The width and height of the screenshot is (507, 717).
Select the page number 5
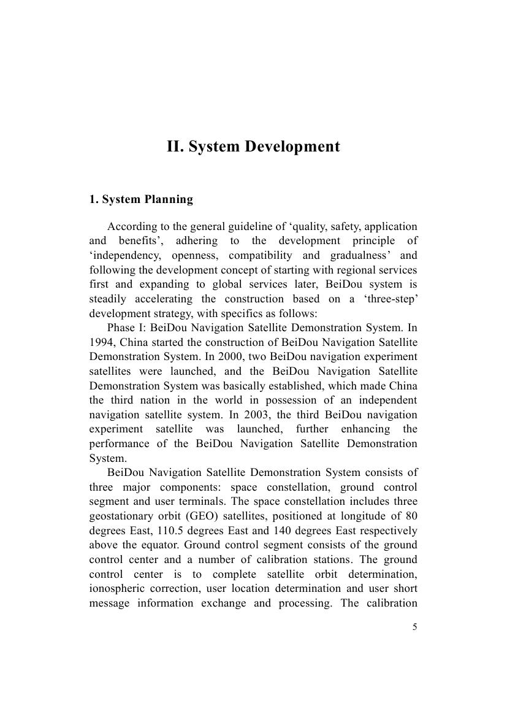[x=415, y=627]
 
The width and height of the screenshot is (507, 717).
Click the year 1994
[x=102, y=342]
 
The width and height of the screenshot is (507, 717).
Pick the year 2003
[x=257, y=415]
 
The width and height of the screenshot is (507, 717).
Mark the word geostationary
[x=123, y=516]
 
